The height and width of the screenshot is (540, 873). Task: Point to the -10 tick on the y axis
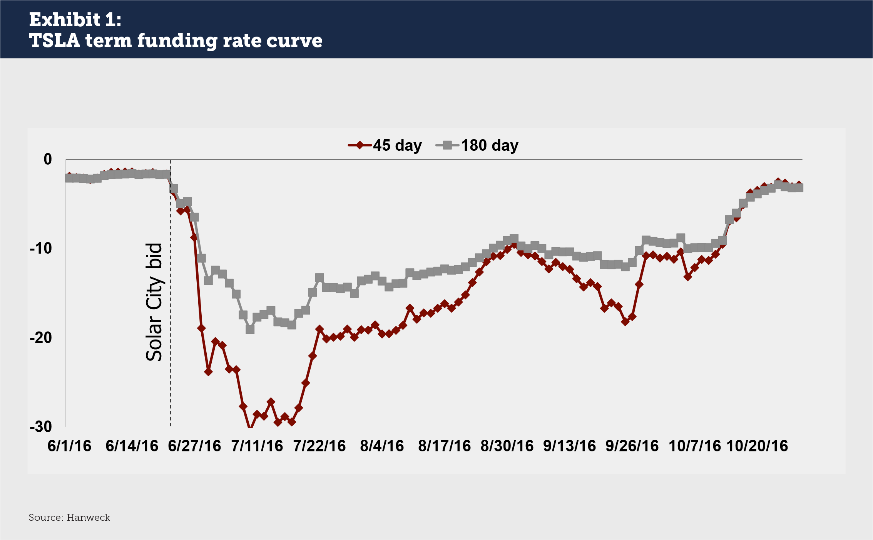(41, 248)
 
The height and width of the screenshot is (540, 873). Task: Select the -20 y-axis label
(41, 338)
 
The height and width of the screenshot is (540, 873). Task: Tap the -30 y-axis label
(41, 427)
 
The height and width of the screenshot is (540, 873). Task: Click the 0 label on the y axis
(48, 159)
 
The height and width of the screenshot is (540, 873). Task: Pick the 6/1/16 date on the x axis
(69, 446)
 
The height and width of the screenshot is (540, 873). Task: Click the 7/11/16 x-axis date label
(257, 446)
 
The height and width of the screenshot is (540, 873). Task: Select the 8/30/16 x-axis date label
(507, 446)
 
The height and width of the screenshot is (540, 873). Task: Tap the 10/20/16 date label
(757, 446)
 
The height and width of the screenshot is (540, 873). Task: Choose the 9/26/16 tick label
(632, 446)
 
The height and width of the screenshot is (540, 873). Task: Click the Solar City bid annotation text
(154, 302)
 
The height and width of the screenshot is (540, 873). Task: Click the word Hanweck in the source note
(88, 517)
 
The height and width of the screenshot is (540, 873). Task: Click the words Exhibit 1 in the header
(75, 20)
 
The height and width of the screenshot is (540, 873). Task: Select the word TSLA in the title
(54, 40)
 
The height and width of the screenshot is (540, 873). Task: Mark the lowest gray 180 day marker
(250, 330)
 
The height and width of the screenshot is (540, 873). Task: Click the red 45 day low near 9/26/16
(625, 321)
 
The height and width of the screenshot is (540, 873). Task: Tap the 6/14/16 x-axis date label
(132, 446)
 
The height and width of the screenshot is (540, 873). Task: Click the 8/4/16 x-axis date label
(382, 446)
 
